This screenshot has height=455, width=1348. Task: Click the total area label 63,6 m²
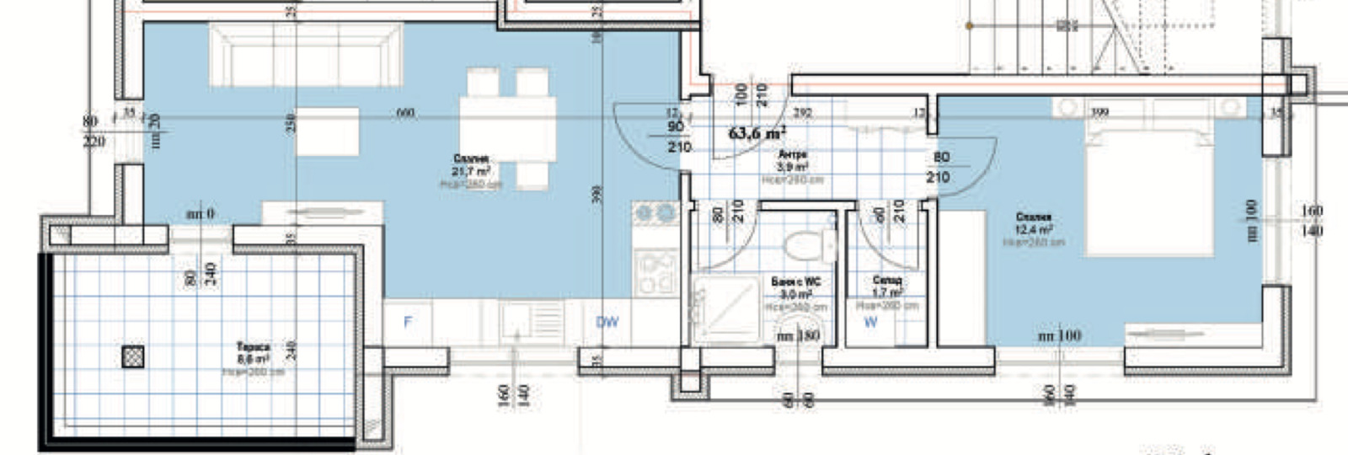(757, 132)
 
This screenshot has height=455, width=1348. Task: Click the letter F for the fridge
(408, 322)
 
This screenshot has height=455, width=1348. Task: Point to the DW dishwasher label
(607, 322)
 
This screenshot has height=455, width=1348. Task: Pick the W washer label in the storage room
(870, 322)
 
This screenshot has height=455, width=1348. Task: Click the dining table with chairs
(507, 126)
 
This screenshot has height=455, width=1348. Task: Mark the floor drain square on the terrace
(133, 356)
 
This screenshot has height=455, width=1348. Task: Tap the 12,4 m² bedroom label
(1033, 229)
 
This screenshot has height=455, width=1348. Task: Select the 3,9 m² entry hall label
(792, 167)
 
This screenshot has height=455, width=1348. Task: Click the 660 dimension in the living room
(405, 113)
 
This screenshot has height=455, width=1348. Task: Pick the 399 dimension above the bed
(1099, 111)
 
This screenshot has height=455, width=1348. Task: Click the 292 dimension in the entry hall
(802, 111)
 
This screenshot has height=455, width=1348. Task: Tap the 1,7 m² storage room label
(886, 292)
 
